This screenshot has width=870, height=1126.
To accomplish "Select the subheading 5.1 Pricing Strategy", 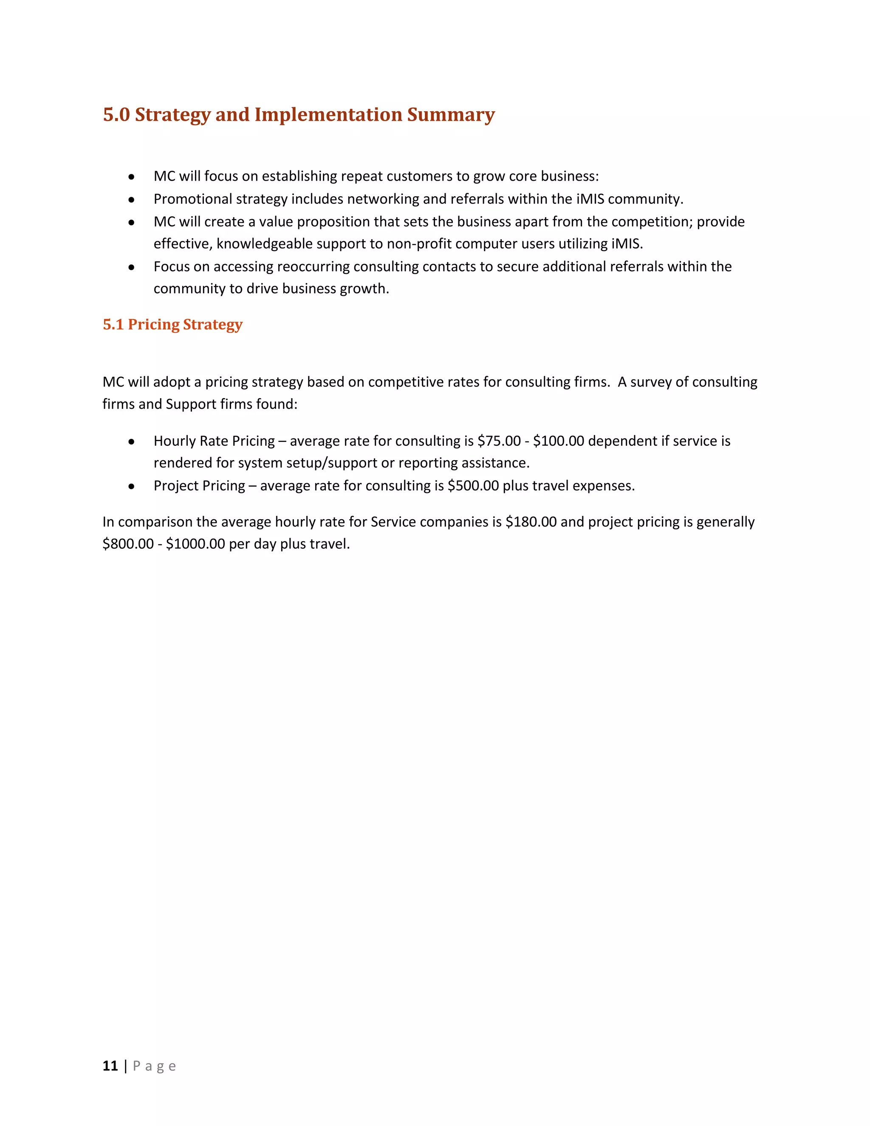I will (x=172, y=324).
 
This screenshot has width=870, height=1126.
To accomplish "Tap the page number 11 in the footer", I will (x=110, y=1066).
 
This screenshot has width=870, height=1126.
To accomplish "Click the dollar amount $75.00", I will (x=499, y=441).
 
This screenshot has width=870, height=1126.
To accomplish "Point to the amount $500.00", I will (x=473, y=486).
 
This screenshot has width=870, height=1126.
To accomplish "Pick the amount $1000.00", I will (x=195, y=544).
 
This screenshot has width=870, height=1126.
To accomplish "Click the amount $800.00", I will (x=128, y=544).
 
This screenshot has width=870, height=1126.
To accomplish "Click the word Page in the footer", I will (x=154, y=1066).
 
